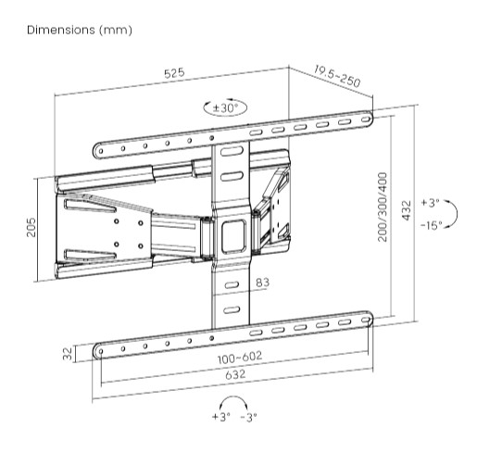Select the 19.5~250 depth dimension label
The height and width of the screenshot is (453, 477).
tap(335, 77)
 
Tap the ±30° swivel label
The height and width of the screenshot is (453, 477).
tap(226, 108)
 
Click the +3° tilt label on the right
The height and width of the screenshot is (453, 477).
tap(430, 202)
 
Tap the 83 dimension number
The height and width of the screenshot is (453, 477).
tap(262, 282)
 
